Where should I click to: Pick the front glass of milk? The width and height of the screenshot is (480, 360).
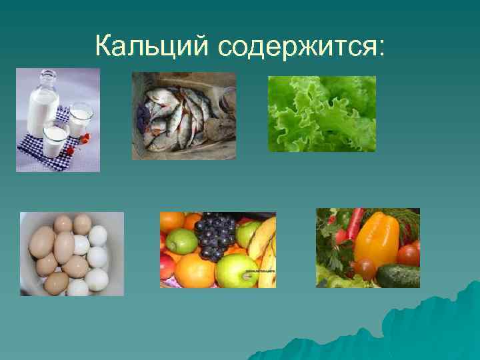pyautogui.click(x=55, y=141)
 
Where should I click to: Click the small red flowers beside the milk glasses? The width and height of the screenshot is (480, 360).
pyautogui.click(x=83, y=140)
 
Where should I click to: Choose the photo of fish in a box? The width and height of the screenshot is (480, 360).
pyautogui.click(x=184, y=115)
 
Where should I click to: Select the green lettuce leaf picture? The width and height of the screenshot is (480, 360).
pyautogui.click(x=321, y=113)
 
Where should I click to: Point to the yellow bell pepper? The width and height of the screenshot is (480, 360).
pyautogui.click(x=376, y=237)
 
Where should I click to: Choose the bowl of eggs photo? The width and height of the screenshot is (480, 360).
pyautogui.click(x=72, y=253)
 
